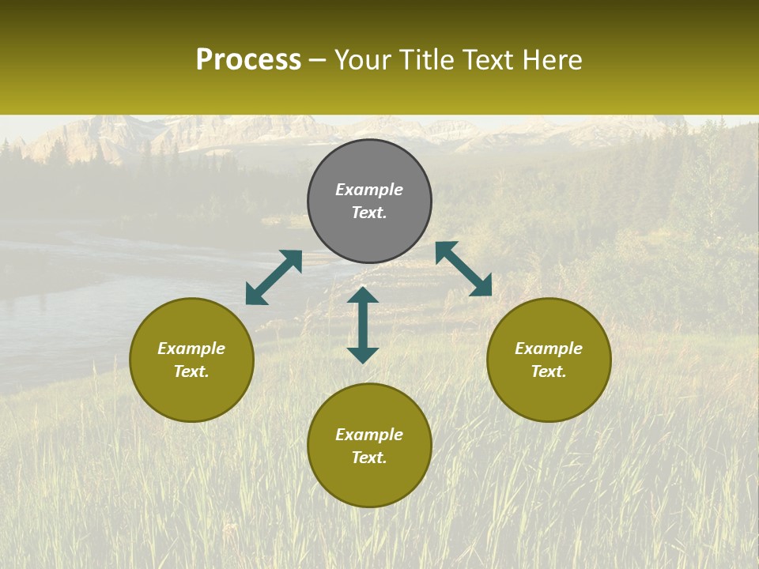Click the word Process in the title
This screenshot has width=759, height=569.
click(x=248, y=60)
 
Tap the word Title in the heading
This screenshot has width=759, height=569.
click(x=426, y=60)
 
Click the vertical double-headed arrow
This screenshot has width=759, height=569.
click(x=363, y=325)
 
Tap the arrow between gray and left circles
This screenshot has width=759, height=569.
click(x=274, y=277)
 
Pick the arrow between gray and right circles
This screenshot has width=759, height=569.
click(x=463, y=269)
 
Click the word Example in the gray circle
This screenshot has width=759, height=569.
click(x=369, y=190)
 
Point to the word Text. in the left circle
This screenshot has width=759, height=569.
click(x=191, y=371)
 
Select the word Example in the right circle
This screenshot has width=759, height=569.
click(x=549, y=349)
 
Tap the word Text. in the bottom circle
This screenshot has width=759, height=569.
click(x=369, y=458)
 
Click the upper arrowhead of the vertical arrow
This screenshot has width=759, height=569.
click(x=363, y=296)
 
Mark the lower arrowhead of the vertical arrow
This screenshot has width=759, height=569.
click(x=363, y=355)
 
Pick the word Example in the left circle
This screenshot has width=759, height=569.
click(x=191, y=349)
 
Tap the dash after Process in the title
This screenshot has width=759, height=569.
click(x=318, y=61)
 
